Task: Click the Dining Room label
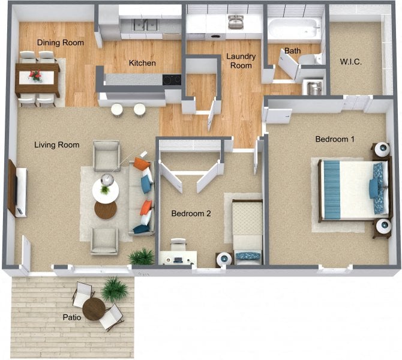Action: tap(60, 43)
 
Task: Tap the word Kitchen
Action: tap(143, 63)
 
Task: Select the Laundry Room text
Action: tap(241, 61)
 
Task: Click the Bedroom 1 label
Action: tap(335, 139)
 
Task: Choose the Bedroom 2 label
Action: tap(191, 213)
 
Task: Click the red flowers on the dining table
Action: tap(36, 76)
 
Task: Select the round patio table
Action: tap(94, 309)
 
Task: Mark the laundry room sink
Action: tap(236, 22)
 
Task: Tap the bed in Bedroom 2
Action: tap(247, 231)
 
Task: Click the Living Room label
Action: tap(57, 145)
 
